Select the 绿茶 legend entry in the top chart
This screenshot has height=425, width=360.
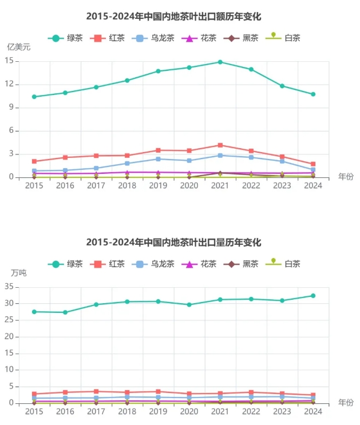click(66, 38)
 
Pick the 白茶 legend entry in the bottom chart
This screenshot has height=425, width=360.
click(283, 264)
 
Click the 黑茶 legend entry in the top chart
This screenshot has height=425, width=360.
click(241, 38)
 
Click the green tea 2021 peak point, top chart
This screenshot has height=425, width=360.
click(220, 62)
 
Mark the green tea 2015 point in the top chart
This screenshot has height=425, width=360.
click(34, 97)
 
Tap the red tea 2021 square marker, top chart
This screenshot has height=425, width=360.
click(220, 145)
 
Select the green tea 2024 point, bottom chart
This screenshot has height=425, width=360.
click(313, 296)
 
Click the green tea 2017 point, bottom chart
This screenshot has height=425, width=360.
click(96, 304)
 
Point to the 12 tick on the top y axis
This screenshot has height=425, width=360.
click(11, 84)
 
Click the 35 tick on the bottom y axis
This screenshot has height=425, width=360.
click(11, 287)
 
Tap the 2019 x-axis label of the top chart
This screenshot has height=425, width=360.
click(158, 185)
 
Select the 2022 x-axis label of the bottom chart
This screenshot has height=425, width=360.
click(251, 411)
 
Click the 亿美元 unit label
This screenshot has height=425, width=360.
click(18, 47)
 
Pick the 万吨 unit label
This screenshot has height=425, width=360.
click(18, 273)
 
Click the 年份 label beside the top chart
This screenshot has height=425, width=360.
click(346, 177)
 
